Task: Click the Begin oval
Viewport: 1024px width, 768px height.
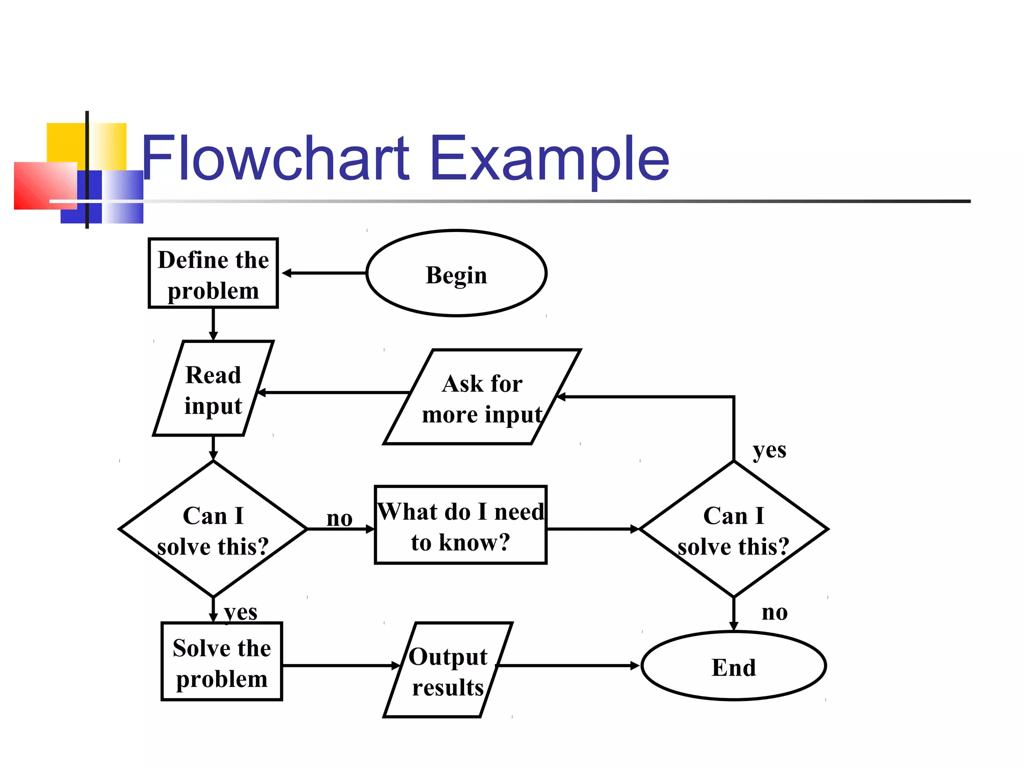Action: tap(456, 273)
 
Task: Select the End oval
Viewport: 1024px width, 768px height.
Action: tap(733, 666)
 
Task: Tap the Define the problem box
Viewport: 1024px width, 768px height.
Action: tap(213, 273)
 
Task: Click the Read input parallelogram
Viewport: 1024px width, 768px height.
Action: tap(213, 389)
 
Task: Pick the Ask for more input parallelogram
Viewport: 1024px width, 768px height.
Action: tap(482, 397)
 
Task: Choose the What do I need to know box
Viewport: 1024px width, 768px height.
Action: tap(460, 525)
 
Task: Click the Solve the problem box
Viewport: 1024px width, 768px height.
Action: tap(221, 662)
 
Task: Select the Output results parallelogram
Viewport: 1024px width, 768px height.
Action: tap(448, 670)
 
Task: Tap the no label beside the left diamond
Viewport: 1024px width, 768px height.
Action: tap(339, 519)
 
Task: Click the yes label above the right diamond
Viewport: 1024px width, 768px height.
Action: tap(769, 450)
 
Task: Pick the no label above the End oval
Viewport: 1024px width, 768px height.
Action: tap(774, 612)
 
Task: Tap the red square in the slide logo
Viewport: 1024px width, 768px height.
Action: tap(45, 185)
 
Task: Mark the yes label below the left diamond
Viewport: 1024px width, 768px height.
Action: tap(240, 612)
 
